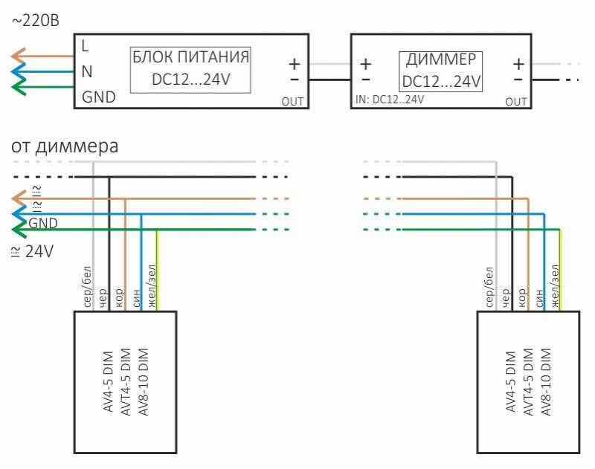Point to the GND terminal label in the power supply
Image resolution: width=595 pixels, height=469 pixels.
coord(98,97)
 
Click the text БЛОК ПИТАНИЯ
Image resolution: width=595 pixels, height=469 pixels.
coord(190,56)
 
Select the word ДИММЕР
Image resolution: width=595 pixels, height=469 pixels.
coord(442,60)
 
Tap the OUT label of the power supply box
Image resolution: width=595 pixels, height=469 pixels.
coord(292,102)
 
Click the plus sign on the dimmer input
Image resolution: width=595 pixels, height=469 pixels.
coord(365,65)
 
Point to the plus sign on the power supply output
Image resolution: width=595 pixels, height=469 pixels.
coord(295,65)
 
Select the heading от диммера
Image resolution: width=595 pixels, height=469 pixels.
coord(64,146)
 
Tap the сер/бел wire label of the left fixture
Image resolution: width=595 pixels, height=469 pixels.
coord(87,287)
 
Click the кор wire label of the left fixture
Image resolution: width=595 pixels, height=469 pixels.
coord(119,295)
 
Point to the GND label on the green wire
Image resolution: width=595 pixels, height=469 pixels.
coord(43,223)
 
